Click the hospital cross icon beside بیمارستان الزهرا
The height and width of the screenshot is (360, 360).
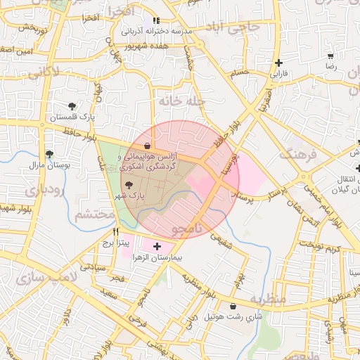click(156, 247)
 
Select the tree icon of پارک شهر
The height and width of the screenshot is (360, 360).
click(129, 186)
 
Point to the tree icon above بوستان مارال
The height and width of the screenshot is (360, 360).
click(49, 154)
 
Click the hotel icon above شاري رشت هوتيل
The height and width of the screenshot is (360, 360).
click(233, 306)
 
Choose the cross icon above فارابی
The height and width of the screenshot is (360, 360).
click(280, 63)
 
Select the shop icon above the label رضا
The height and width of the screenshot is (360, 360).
click(330, 56)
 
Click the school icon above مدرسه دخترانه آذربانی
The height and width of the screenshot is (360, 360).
click(156, 21)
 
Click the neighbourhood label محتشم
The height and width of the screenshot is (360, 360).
click(95, 214)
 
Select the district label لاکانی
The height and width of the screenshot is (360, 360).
click(62, 70)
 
